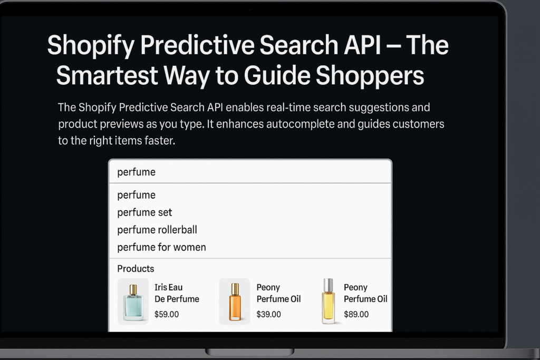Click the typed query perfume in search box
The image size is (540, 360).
[x=137, y=172]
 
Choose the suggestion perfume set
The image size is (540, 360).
[x=144, y=212]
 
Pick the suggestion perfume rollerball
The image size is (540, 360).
[x=157, y=230]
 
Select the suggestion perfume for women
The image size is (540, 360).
[x=161, y=247]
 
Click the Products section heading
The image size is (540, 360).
[x=136, y=269]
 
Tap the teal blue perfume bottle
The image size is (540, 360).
[x=133, y=301]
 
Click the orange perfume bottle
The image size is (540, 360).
[x=235, y=301]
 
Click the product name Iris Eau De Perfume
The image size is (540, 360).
[x=177, y=293]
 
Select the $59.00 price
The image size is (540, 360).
[x=167, y=315]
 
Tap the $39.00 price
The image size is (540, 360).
[x=268, y=315]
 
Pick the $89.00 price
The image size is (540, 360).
[x=356, y=315]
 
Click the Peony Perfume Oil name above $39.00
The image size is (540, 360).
[x=278, y=293]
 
